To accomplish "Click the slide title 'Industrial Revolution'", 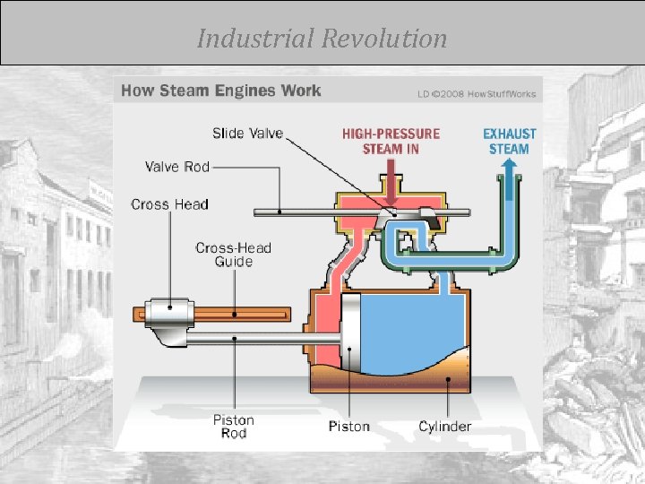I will pyautogui.click(x=322, y=39).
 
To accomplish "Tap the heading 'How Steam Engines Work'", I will pyautogui.click(x=220, y=91).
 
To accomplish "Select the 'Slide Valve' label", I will pyautogui.click(x=247, y=134).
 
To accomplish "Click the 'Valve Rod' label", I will pyautogui.click(x=176, y=167).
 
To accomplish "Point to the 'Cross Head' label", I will pyautogui.click(x=169, y=204).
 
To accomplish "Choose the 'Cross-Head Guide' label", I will pyautogui.click(x=233, y=255).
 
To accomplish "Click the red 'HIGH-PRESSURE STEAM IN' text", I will pyautogui.click(x=391, y=142).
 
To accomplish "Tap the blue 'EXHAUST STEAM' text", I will pyautogui.click(x=510, y=142).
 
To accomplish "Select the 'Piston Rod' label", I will pyautogui.click(x=233, y=427).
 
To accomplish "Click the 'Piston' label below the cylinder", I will pyautogui.click(x=348, y=427).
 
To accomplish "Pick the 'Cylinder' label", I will pyautogui.click(x=445, y=427).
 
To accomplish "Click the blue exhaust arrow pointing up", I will pyautogui.click(x=510, y=170).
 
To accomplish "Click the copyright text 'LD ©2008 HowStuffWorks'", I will pyautogui.click(x=476, y=92).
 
